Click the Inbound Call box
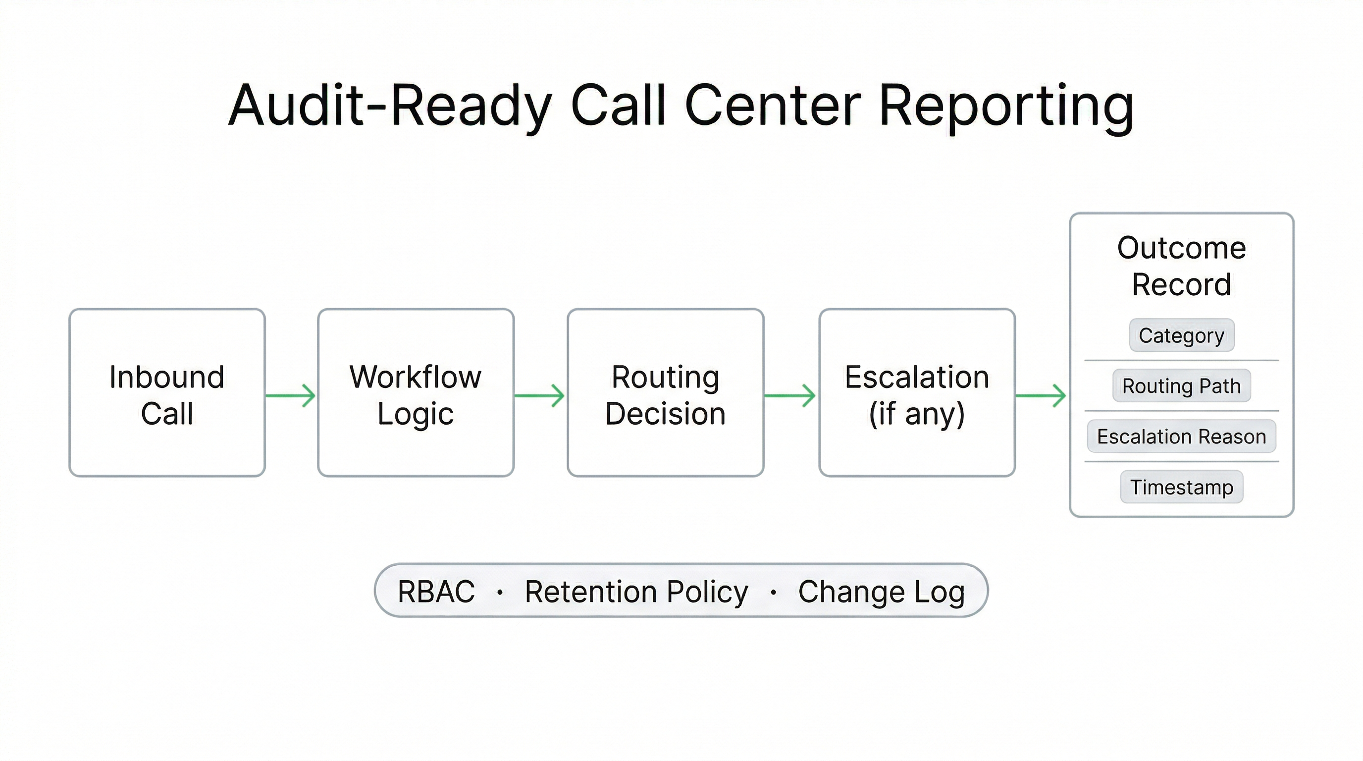[x=167, y=393]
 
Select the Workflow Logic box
[x=416, y=393]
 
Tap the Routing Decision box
[x=665, y=393]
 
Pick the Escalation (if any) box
[x=916, y=393]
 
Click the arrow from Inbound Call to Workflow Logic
[x=291, y=395]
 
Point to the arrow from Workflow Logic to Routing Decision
[x=540, y=395]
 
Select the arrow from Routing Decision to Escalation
[x=790, y=395]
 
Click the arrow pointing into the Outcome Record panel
[x=1041, y=395]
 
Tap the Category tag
[x=1182, y=335]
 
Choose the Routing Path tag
[x=1182, y=386]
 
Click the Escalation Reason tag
[x=1182, y=436]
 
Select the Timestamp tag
[x=1182, y=487]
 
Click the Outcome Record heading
[x=1182, y=266]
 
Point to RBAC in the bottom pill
[x=436, y=591]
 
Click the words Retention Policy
[x=636, y=591]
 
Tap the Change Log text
[x=882, y=591]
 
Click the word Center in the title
[x=773, y=106]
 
